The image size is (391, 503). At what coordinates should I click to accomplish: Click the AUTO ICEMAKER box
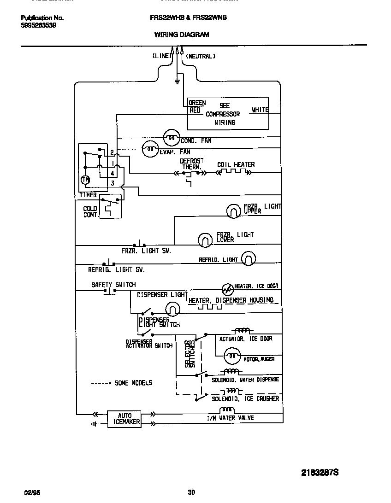point(124,418)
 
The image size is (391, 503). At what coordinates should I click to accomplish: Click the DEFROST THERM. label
point(191,164)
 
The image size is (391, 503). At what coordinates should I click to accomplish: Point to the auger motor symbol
point(232,356)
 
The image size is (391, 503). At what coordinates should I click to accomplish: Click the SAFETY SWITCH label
point(113,285)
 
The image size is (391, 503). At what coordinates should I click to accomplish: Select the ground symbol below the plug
point(177,82)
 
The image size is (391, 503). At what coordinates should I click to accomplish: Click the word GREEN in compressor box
point(197,103)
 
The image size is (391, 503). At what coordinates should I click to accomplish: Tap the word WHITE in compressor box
point(260,110)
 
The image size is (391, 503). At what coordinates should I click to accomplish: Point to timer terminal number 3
point(112,183)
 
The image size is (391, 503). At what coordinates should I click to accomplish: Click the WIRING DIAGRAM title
point(181,34)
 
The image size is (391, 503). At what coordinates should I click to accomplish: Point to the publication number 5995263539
point(39,25)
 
